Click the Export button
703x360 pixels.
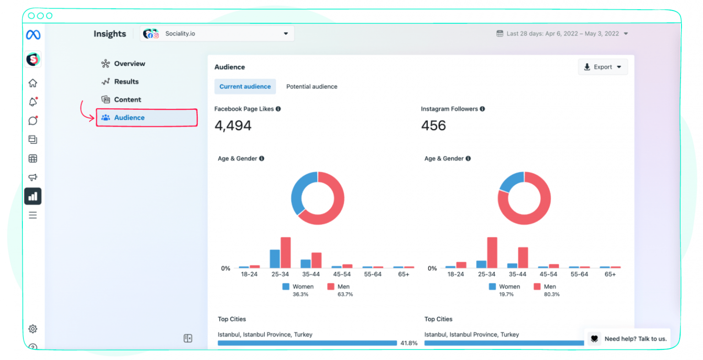coord(602,67)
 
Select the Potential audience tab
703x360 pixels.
coord(311,86)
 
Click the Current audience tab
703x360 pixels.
coord(245,86)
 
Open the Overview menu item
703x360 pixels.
coord(129,64)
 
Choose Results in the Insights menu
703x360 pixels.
coord(126,81)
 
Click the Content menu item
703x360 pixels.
coord(127,100)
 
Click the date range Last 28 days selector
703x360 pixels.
coord(562,34)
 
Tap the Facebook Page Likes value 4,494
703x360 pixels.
coord(233,126)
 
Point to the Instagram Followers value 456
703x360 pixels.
coord(433,126)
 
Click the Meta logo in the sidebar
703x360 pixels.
coord(33,35)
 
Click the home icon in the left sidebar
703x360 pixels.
coord(33,83)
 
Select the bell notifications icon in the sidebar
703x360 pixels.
coord(33,102)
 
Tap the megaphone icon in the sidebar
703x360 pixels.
coord(33,177)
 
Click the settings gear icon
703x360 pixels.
coord(33,329)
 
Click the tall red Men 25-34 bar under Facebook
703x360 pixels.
coord(286,253)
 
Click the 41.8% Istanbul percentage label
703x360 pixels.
coord(409,343)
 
